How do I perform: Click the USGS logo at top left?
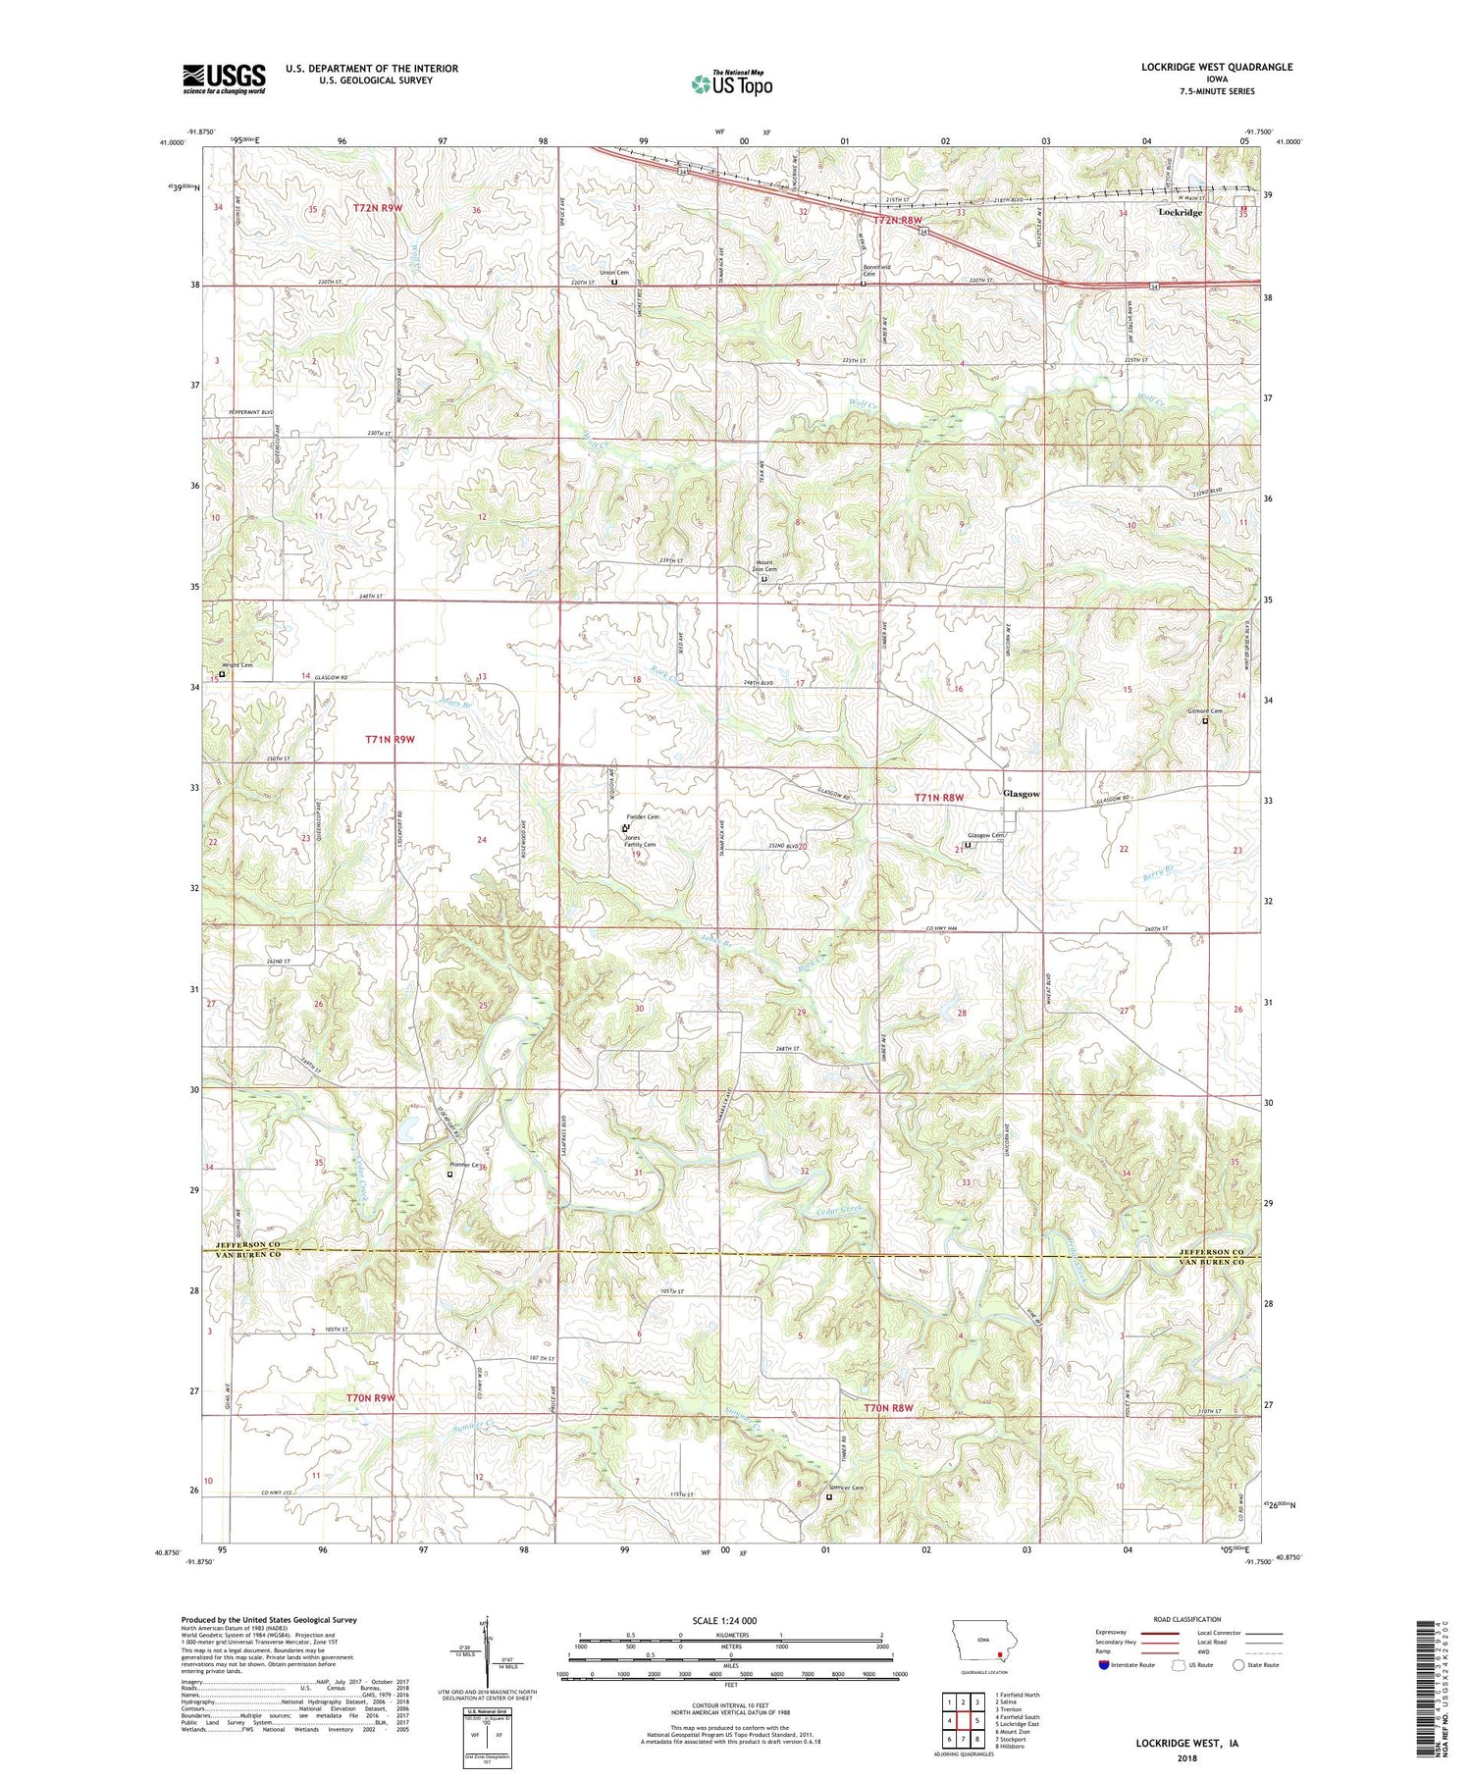(224, 78)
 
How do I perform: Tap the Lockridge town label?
(1180, 212)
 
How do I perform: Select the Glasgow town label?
(1021, 794)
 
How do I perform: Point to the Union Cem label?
(614, 273)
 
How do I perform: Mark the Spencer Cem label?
(845, 1488)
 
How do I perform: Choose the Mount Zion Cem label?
(764, 565)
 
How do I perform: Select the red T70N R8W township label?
(888, 1408)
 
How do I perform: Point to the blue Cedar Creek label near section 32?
(840, 1214)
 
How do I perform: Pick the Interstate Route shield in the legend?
(1104, 1664)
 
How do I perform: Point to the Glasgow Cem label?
(983, 836)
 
